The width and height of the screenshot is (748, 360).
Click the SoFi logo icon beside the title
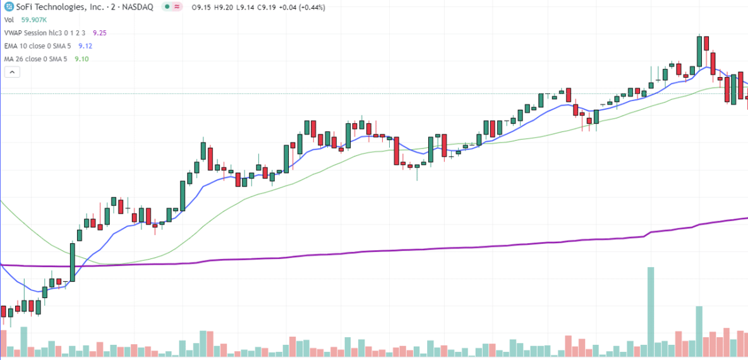(8, 7)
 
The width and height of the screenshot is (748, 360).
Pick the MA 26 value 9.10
(81, 59)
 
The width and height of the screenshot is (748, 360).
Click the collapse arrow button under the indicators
(12, 72)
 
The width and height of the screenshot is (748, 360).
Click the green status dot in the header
(166, 7)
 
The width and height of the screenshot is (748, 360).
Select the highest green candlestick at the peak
(699, 51)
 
